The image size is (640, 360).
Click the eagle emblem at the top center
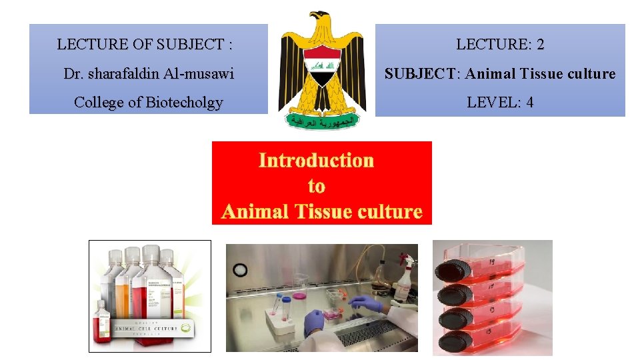coord(321,67)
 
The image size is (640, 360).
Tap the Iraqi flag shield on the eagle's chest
coord(322,67)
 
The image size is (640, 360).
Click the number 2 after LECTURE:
coord(540,45)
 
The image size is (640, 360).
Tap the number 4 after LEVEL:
coord(529,102)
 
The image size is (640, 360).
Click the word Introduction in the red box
coord(316,160)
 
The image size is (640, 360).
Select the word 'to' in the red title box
coord(316,186)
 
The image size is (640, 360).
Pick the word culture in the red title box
coord(390,211)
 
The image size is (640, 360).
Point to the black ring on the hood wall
coord(240,271)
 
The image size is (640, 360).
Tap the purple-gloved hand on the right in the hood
coord(366,304)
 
